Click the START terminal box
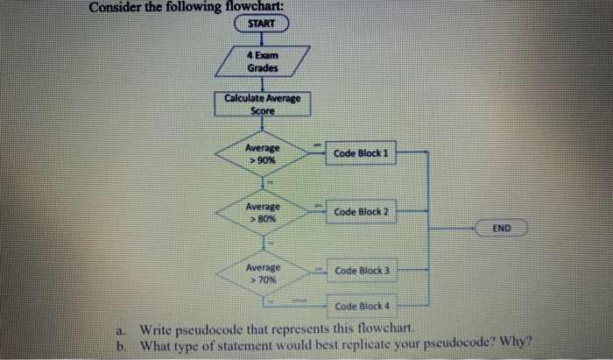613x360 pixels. click(x=262, y=24)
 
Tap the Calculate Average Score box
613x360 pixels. click(x=262, y=104)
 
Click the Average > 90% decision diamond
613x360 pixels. click(x=263, y=155)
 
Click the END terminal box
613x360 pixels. click(x=501, y=229)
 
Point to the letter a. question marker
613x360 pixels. click(x=123, y=330)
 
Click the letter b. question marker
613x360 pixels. click(x=123, y=344)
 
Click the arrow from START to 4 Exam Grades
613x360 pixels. click(x=262, y=39)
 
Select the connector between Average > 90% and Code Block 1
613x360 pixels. click(x=317, y=154)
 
